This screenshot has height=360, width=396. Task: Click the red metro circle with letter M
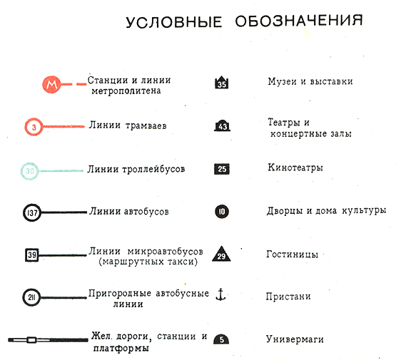51,84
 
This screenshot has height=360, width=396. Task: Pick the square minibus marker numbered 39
32,254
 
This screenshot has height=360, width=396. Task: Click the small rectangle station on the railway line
31,340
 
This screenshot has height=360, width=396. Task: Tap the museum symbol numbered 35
221,82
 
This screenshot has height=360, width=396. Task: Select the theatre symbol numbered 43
222,125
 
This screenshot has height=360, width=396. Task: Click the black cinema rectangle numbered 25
222,169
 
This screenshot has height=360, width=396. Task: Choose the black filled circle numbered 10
222,212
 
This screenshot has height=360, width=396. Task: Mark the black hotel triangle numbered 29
221,254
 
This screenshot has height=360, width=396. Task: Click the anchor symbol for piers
220,294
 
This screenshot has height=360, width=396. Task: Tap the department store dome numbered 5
221,339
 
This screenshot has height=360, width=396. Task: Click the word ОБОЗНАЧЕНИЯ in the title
299,21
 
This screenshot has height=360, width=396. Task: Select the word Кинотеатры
295,168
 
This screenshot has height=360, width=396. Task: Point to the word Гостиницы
293,254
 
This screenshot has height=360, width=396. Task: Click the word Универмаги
295,339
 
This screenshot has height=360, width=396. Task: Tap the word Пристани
288,297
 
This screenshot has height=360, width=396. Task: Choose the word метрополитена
126,91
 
